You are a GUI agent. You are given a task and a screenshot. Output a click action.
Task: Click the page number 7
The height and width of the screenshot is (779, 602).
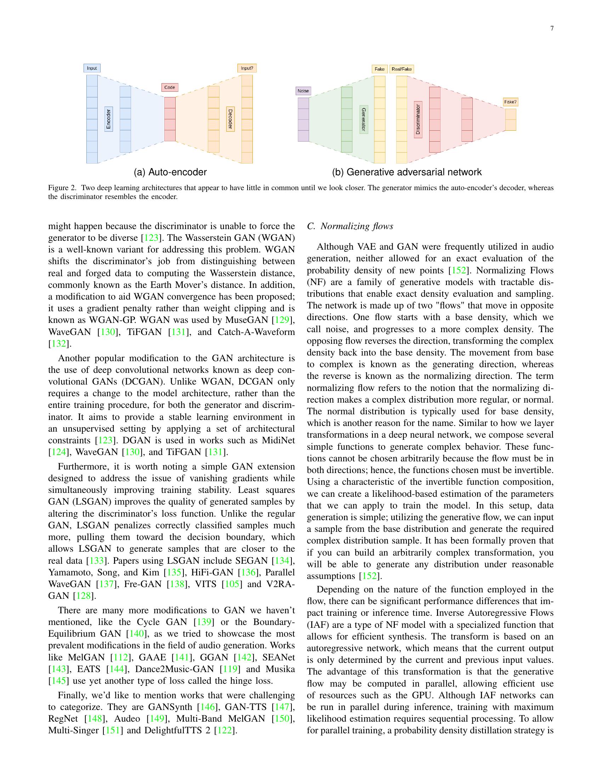point(552,29)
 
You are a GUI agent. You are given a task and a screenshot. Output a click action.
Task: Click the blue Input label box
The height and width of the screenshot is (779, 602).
point(92,68)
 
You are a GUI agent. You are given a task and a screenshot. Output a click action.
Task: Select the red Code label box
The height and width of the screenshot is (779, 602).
point(169,87)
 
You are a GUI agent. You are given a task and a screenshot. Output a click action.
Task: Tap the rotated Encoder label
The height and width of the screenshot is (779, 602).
point(109,119)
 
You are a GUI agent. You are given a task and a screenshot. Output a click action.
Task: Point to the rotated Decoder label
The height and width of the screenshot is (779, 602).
point(231,119)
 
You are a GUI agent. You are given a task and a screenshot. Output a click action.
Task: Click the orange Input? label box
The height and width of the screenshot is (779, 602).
point(247,68)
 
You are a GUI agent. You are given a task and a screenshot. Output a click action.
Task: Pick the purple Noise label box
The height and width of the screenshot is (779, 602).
point(303,91)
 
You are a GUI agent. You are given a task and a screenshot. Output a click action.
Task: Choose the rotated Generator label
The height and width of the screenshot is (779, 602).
point(363,119)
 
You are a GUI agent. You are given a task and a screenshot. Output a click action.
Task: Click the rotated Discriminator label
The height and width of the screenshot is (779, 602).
point(418,119)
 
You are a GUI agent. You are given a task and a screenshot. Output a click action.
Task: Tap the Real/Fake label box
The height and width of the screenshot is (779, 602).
point(402,69)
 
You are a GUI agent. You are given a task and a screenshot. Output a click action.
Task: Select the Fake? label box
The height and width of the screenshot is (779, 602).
point(510,102)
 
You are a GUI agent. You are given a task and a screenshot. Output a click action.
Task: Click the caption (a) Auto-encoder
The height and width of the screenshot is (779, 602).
point(170,172)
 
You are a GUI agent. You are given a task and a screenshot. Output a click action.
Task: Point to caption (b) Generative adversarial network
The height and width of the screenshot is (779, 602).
point(407,172)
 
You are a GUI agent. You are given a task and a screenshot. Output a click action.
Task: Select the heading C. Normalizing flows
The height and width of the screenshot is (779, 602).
point(350,226)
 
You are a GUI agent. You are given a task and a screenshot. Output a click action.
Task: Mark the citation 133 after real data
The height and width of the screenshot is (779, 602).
point(96,561)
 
